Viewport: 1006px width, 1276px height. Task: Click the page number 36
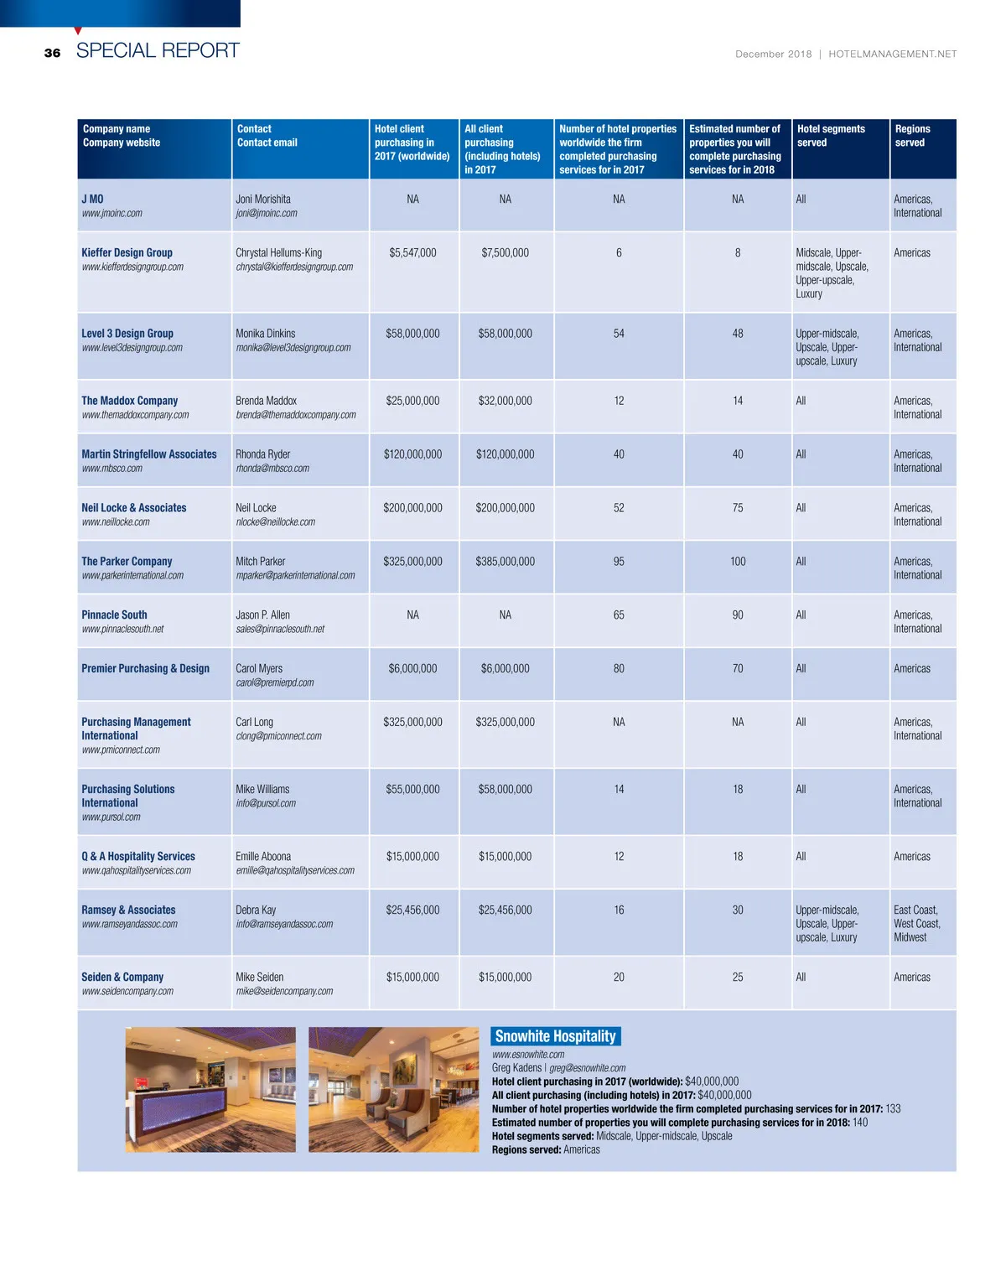[x=52, y=53]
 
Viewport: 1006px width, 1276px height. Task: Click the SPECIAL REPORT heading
[x=158, y=50]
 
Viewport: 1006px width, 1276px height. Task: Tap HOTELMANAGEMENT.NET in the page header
[x=892, y=54]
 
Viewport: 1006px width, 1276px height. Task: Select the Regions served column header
[x=912, y=136]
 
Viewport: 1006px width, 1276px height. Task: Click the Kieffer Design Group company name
[x=127, y=252]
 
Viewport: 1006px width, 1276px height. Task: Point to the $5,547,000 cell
[x=412, y=252]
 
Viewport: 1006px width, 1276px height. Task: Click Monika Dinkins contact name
[x=265, y=333]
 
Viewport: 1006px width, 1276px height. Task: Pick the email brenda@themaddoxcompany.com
[x=295, y=415]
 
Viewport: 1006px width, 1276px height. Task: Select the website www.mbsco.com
[x=111, y=469]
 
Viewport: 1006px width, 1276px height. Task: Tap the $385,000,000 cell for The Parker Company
[x=505, y=561]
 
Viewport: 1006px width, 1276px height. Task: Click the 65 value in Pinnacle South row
[x=619, y=615]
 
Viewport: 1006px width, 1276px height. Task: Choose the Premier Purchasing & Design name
[x=145, y=668]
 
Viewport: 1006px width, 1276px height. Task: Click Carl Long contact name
[x=254, y=722]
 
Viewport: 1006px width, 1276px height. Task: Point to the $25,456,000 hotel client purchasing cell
[x=412, y=910]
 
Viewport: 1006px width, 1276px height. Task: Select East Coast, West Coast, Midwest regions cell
[x=916, y=923]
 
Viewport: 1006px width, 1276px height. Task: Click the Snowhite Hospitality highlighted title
[x=555, y=1036]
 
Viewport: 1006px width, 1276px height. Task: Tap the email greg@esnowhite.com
[x=587, y=1068]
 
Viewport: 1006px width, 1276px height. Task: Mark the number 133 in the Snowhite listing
[x=893, y=1108]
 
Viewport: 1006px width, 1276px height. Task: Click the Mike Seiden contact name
[x=259, y=977]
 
